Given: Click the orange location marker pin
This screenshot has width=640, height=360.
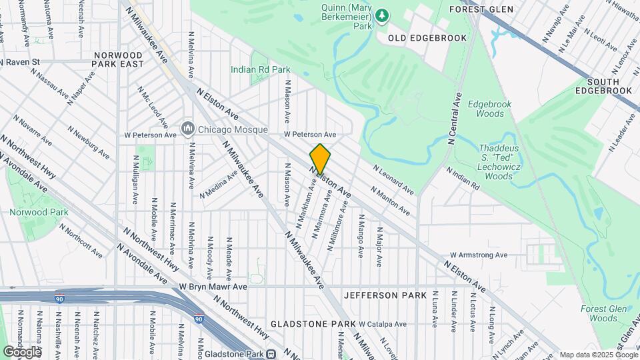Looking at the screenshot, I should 320,159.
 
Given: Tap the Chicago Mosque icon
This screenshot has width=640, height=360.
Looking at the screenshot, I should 188,128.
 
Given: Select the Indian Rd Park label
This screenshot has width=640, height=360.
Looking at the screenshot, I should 260,69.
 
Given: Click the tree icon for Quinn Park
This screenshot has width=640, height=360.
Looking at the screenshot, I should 381,14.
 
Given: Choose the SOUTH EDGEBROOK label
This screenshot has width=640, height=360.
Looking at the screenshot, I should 603,85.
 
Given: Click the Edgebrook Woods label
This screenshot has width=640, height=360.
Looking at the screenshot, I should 490,109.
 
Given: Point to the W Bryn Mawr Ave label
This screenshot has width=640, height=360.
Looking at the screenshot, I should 213,287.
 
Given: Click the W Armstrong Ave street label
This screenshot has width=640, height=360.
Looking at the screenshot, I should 478,255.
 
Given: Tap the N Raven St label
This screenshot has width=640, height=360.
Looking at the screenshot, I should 21,62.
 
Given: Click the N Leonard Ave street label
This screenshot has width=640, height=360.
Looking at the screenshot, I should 393,180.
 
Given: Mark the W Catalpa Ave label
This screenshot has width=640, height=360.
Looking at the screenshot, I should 382,324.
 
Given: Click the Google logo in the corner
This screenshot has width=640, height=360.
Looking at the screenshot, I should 21,351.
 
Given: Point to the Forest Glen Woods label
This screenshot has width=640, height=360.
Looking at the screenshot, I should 599,313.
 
